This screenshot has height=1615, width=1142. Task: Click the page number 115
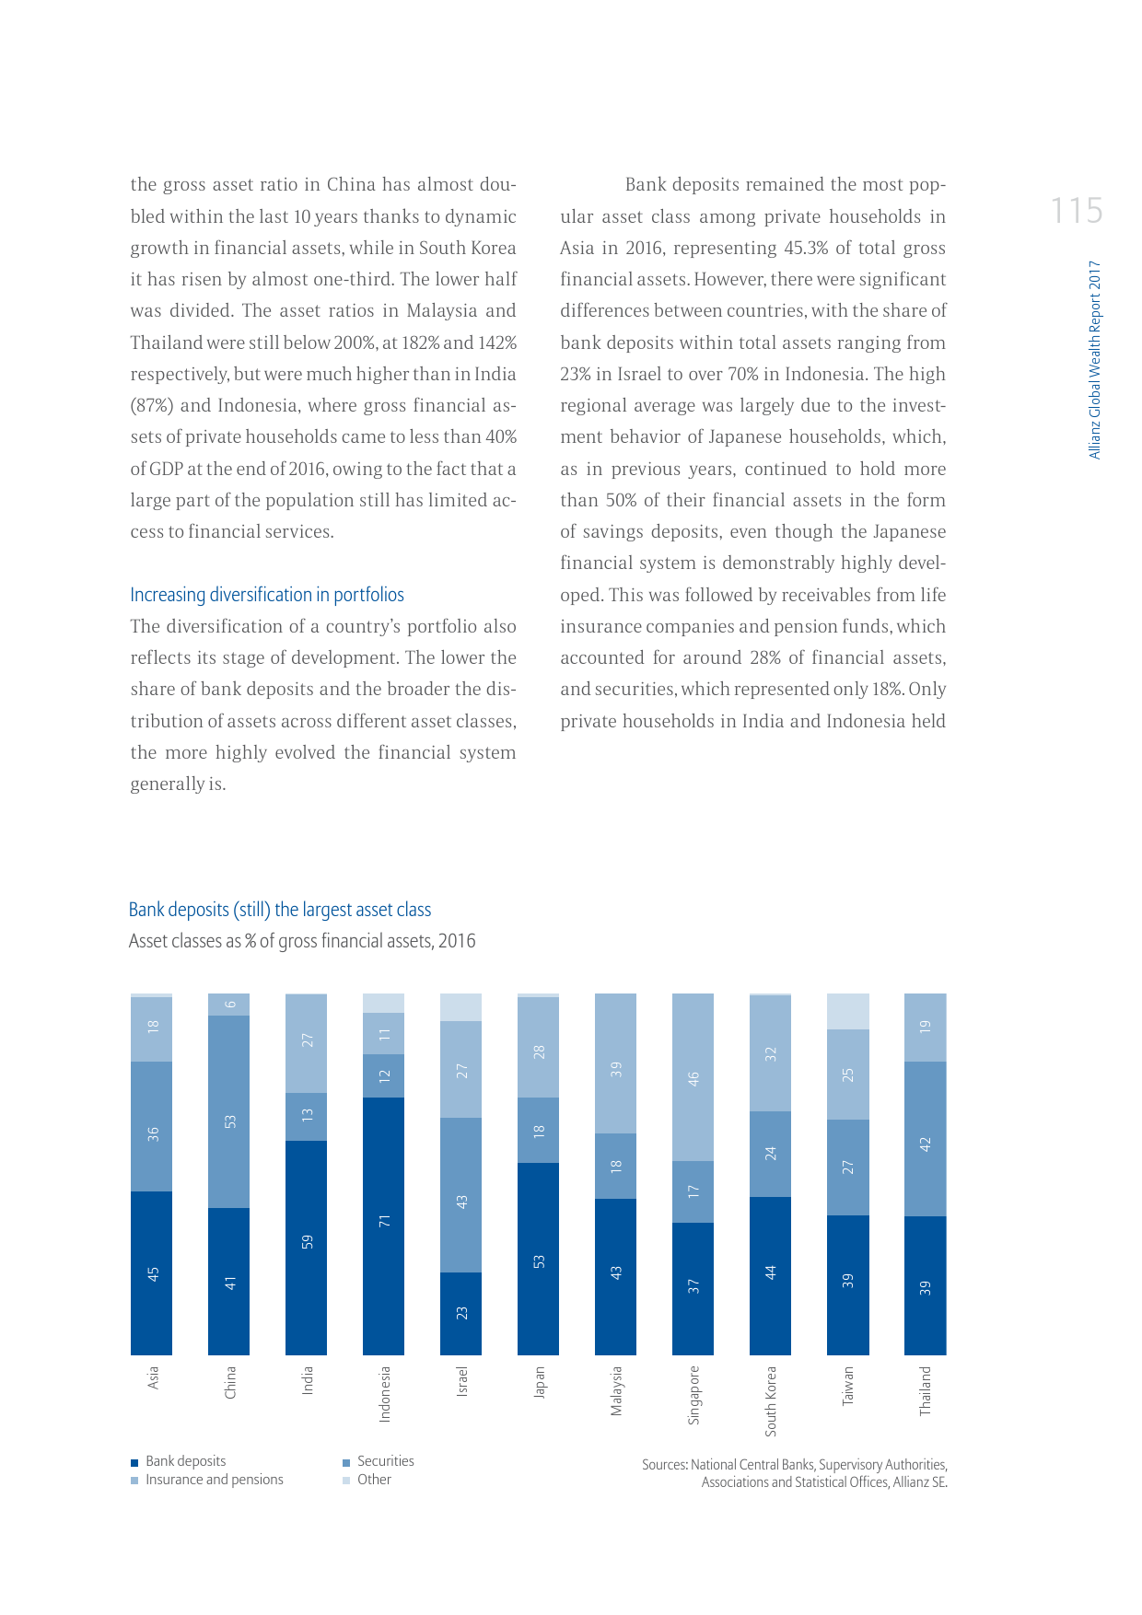click(1076, 211)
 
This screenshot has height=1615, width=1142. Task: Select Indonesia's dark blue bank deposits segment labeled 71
click(383, 1225)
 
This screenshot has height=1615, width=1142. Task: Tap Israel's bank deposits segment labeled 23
click(460, 1313)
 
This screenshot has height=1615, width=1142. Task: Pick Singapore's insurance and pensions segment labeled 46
click(693, 1077)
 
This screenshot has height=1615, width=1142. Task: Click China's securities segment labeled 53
click(228, 1111)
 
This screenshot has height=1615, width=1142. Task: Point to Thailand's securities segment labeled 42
click(925, 1139)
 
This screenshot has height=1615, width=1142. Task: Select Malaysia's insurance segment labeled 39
click(615, 1063)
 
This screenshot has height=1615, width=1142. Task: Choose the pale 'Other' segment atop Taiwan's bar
click(847, 1011)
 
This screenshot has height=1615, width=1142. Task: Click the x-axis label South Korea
click(771, 1400)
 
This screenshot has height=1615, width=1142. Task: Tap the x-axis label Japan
click(539, 1382)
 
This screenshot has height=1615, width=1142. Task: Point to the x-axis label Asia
click(152, 1377)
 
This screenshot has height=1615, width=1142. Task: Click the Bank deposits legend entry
click(184, 1461)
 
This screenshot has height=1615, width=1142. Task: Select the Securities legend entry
click(384, 1461)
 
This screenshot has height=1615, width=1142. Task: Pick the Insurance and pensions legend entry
click(213, 1480)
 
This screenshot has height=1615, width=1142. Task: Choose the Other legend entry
click(373, 1480)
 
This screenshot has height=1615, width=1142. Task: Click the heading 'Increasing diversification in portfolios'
click(267, 595)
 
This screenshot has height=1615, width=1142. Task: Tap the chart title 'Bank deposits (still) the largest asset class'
click(280, 910)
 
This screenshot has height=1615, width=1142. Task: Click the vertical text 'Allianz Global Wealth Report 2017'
click(1094, 359)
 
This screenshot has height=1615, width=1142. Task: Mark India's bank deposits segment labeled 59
click(306, 1243)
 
